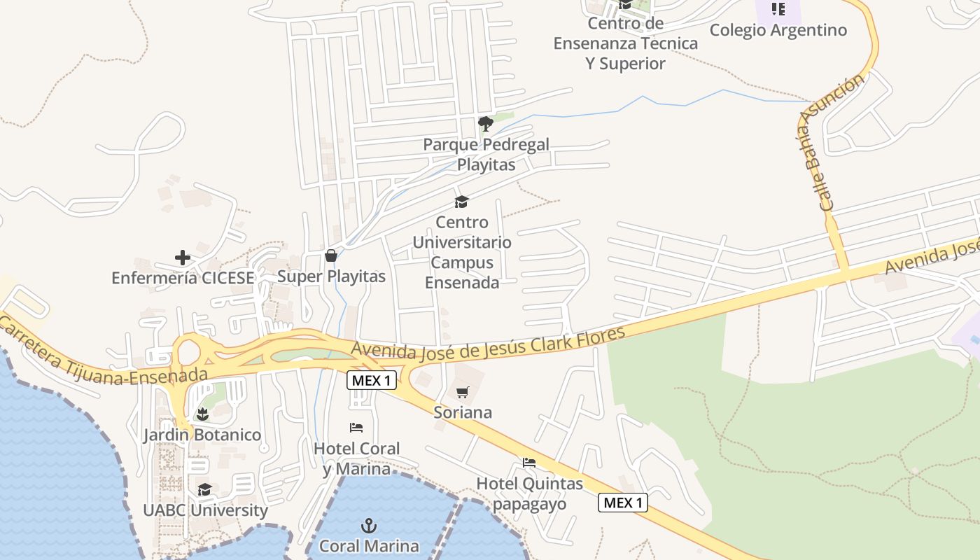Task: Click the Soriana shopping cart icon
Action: click(x=462, y=392)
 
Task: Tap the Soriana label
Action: click(x=463, y=412)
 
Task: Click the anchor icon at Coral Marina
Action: click(x=368, y=526)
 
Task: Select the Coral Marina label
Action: click(x=369, y=546)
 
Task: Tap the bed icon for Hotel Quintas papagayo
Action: click(x=529, y=463)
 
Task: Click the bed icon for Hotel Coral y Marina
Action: click(x=356, y=427)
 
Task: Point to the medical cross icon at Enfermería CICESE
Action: click(x=183, y=258)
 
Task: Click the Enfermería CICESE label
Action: click(x=183, y=278)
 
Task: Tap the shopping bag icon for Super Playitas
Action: click(x=331, y=255)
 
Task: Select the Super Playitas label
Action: click(x=331, y=276)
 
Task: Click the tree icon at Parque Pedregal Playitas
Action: click(x=486, y=124)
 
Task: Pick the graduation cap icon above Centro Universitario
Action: click(x=461, y=202)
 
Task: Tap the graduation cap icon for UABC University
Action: click(x=204, y=489)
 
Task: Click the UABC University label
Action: click(x=205, y=510)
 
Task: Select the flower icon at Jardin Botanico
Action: click(x=202, y=414)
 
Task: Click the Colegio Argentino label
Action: click(x=778, y=30)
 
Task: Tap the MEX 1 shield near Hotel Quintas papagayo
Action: click(x=623, y=503)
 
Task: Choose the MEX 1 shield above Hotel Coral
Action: click(x=372, y=381)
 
